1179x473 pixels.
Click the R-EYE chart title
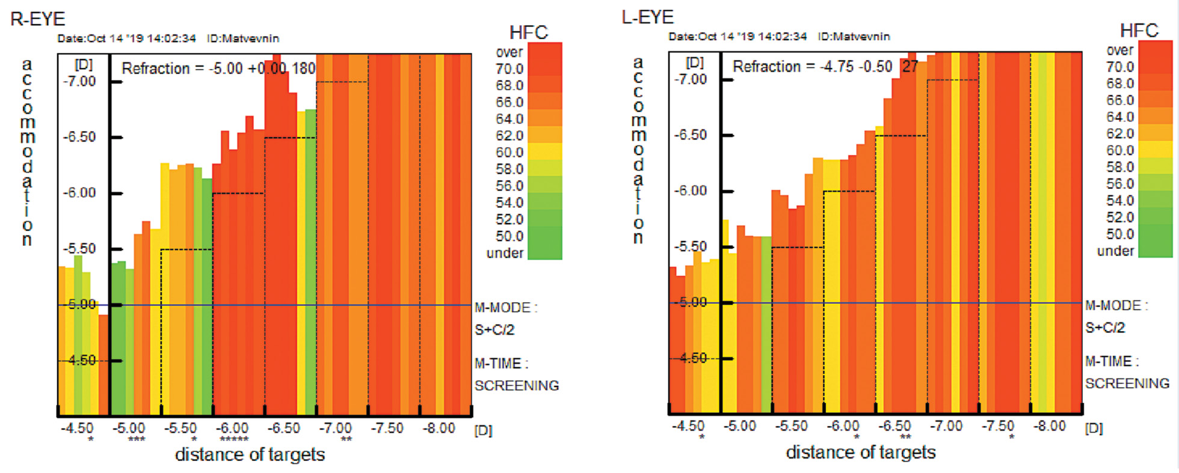tap(37, 19)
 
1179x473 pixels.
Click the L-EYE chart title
tap(648, 17)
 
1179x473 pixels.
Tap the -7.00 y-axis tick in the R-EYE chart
tap(79, 81)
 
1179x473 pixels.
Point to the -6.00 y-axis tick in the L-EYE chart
tap(690, 191)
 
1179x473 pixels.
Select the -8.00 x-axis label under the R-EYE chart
tap(439, 428)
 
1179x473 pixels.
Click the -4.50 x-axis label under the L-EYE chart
tap(688, 426)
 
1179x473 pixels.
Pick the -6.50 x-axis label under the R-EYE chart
tap(283, 428)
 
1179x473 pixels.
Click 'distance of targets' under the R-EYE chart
tap(250, 454)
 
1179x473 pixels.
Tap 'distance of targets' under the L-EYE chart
tap(861, 452)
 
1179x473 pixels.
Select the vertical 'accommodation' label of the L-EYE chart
tap(638, 150)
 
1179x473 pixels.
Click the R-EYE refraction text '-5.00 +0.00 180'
tap(262, 69)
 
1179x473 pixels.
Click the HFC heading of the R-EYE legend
tap(528, 32)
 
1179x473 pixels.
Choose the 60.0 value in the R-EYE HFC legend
tap(509, 152)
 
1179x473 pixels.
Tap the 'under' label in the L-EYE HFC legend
tap(1115, 251)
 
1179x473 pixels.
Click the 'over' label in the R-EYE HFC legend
tap(509, 52)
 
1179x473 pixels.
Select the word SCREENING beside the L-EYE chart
tap(1127, 383)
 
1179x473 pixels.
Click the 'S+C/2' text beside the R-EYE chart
tap(494, 329)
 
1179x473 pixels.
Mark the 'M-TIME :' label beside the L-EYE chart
tap(1112, 361)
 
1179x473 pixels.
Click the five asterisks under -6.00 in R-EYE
tap(233, 440)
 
